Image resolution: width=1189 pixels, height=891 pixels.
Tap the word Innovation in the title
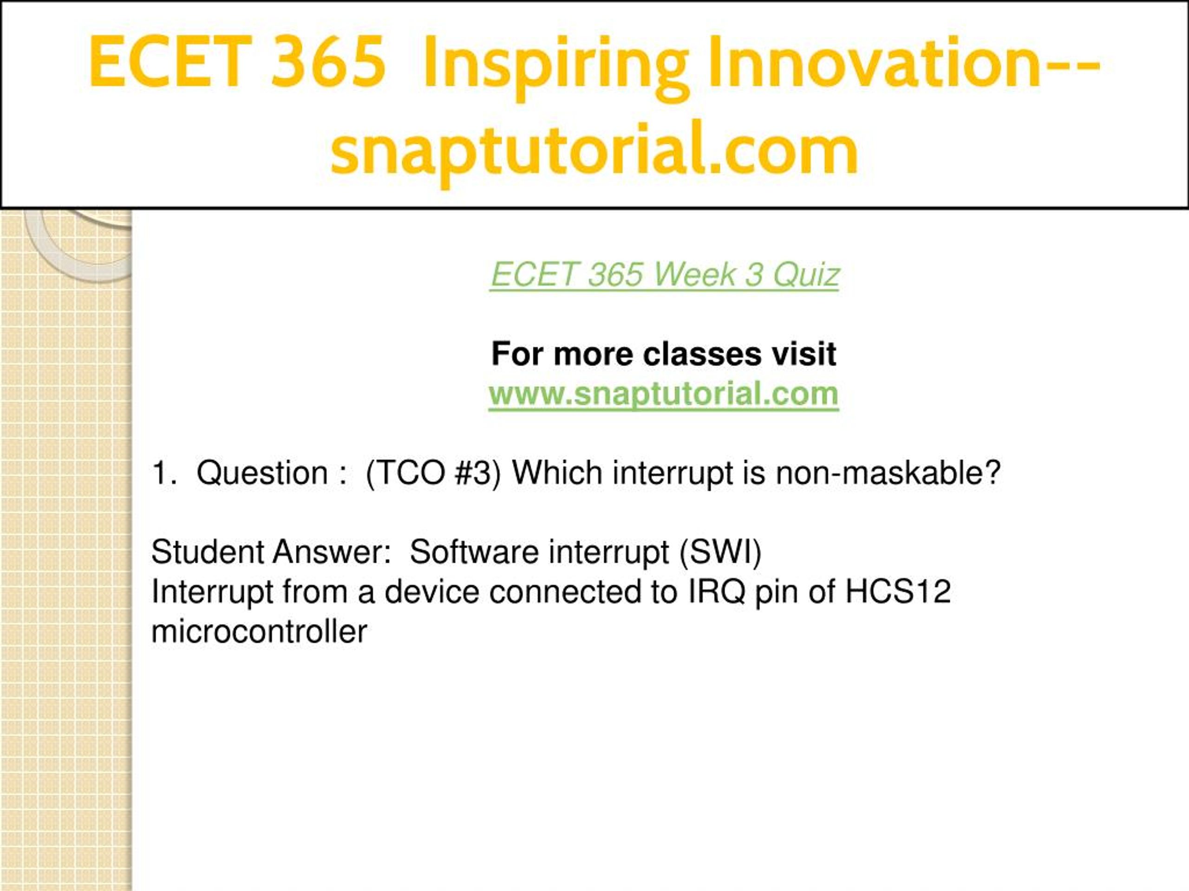click(x=876, y=61)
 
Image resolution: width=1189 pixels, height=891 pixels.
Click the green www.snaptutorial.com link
click(x=664, y=395)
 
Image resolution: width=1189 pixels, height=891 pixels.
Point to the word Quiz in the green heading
click(x=806, y=276)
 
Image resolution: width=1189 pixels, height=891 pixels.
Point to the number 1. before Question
click(x=164, y=474)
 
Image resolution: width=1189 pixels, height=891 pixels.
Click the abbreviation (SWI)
click(x=720, y=553)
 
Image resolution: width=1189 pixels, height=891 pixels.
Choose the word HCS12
click(x=898, y=592)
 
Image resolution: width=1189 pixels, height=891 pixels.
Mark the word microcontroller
click(x=259, y=632)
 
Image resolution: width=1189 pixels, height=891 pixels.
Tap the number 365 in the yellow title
click(x=329, y=61)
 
